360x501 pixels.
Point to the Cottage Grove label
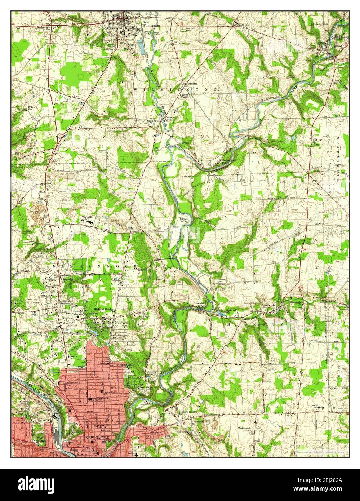click(170, 119)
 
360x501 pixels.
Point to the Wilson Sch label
click(32, 108)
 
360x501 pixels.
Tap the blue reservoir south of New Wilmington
click(141, 47)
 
